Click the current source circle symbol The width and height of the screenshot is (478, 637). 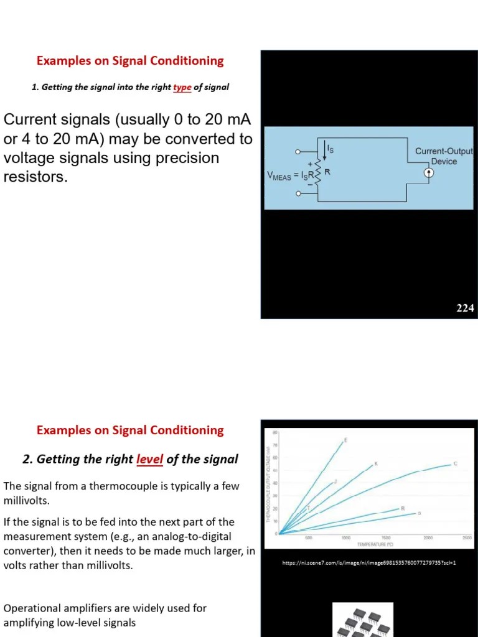(429, 173)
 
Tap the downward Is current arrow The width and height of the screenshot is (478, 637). (324, 150)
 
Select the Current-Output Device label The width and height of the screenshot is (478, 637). (444, 156)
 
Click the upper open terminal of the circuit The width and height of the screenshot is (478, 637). (298, 151)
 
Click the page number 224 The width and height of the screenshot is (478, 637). (465, 307)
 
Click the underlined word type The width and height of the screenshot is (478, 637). (182, 87)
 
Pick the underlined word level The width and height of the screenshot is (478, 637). (149, 459)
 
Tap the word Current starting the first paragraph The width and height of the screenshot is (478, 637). (31, 120)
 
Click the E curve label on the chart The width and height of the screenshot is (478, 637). (346, 440)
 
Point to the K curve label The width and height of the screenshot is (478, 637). (376, 464)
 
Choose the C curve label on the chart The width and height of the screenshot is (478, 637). (456, 463)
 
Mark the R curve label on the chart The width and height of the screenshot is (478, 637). (403, 508)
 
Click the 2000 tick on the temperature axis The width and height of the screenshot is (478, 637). (428, 537)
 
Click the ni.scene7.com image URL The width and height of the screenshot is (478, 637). (369, 563)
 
